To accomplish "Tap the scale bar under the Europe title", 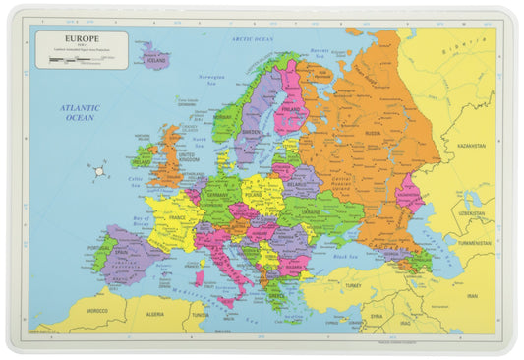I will tap(74, 59).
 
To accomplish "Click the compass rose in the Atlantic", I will tap(99, 173).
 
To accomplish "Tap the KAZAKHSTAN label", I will tap(471, 146).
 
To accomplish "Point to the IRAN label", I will tap(471, 296).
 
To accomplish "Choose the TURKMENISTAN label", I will tap(473, 243).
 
